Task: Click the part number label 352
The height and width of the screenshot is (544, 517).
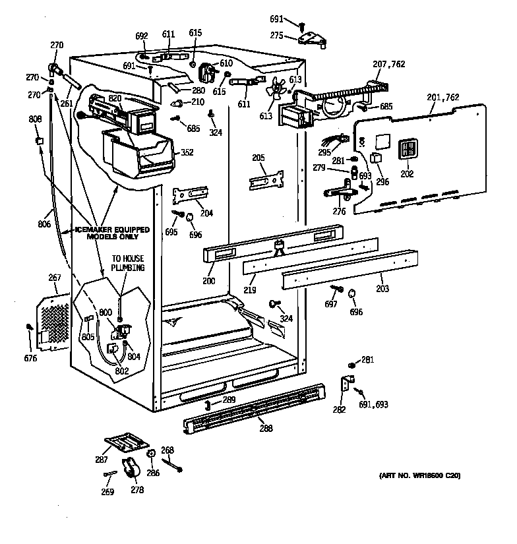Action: tap(187, 152)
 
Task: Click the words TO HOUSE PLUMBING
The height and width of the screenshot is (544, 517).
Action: tap(127, 263)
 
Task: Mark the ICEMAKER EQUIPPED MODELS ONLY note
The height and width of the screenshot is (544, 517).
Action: tap(111, 233)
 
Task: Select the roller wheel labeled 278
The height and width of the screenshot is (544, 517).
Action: tap(133, 468)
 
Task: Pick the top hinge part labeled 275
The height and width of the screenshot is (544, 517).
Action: tap(314, 40)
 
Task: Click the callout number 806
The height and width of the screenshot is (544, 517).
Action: tap(45, 224)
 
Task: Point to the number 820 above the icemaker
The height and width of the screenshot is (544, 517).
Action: tap(115, 98)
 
